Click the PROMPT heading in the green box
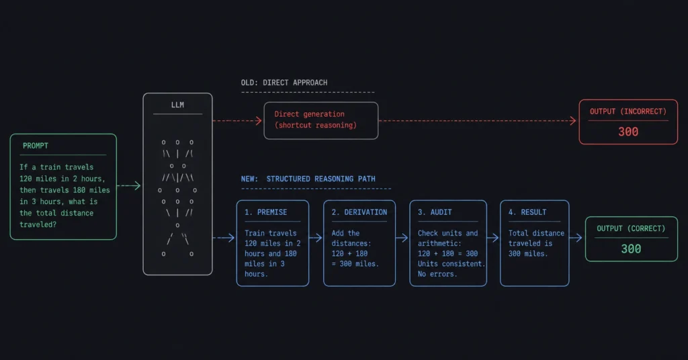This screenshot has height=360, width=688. click(x=36, y=146)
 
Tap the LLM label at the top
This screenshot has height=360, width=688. click(x=177, y=105)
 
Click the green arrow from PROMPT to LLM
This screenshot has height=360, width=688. click(x=128, y=186)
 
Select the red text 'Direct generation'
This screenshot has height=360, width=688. click(x=309, y=114)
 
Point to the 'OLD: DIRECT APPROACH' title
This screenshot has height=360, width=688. click(x=284, y=83)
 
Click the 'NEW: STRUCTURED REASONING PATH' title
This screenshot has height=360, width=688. click(x=308, y=179)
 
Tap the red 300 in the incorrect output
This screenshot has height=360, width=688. click(x=628, y=132)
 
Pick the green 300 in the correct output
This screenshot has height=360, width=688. click(x=631, y=249)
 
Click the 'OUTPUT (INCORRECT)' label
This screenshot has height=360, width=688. click(x=628, y=111)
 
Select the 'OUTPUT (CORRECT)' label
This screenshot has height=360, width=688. click(x=631, y=228)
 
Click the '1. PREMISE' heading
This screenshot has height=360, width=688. click(x=265, y=212)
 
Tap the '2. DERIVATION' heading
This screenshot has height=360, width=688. click(x=359, y=212)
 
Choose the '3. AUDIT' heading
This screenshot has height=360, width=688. click(x=435, y=212)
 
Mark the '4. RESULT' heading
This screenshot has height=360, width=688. click(x=527, y=212)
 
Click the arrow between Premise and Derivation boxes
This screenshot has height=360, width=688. click(x=316, y=238)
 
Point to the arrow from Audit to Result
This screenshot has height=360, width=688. click(x=493, y=238)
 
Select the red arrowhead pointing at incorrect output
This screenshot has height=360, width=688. click(x=573, y=121)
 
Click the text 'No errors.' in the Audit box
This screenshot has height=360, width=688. click(x=437, y=274)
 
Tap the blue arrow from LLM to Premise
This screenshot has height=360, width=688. click(x=224, y=238)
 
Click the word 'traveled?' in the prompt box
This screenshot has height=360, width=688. click(x=38, y=224)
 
